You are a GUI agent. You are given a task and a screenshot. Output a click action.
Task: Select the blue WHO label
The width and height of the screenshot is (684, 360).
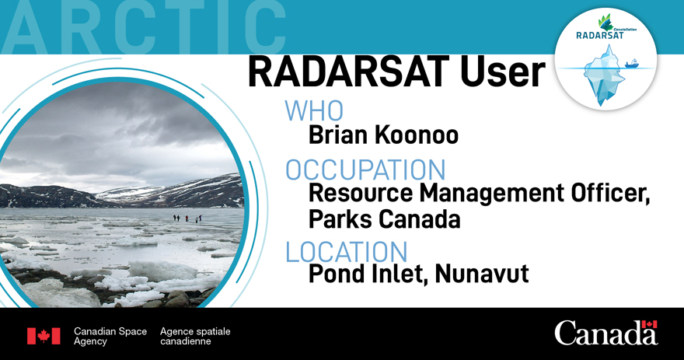click(x=314, y=111)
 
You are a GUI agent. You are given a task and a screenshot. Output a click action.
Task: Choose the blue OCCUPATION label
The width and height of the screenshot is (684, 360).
click(x=365, y=170)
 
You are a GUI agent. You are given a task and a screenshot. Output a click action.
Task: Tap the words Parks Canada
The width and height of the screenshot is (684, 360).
click(x=384, y=220)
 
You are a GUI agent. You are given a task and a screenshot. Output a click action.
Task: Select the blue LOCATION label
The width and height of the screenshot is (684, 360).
click(x=347, y=252)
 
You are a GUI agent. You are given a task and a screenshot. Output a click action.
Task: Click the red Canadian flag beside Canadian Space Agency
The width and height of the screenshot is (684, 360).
click(x=44, y=336)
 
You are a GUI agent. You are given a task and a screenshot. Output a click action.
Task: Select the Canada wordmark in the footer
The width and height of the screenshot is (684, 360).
click(x=605, y=334)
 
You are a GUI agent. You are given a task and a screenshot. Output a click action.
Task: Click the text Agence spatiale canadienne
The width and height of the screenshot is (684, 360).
click(x=195, y=336)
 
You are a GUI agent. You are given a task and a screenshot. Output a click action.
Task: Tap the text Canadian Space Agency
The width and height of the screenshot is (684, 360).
click(x=110, y=336)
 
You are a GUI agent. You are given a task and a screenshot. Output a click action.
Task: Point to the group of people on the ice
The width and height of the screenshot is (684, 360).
click(x=187, y=218)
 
